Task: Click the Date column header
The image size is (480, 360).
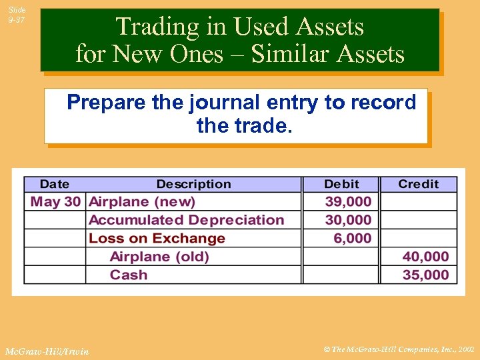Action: (x=54, y=184)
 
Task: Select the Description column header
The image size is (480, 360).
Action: (x=193, y=184)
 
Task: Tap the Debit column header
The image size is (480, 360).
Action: (x=341, y=184)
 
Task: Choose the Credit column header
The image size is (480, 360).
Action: (x=419, y=184)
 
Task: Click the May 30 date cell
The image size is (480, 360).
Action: (x=55, y=201)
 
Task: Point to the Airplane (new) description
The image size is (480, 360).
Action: (x=142, y=201)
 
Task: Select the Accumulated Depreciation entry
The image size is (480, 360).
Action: (x=186, y=220)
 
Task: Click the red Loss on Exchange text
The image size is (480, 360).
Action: (x=157, y=238)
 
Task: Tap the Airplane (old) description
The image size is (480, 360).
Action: (x=159, y=257)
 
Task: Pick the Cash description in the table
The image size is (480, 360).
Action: (x=129, y=275)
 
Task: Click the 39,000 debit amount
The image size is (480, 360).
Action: (x=348, y=201)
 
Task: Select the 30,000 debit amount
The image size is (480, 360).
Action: (x=348, y=220)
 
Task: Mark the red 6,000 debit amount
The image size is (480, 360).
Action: (x=352, y=238)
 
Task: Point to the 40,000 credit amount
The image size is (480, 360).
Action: (x=425, y=257)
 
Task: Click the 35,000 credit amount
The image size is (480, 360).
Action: (x=425, y=275)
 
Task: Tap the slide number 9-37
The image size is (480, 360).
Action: (x=17, y=20)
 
